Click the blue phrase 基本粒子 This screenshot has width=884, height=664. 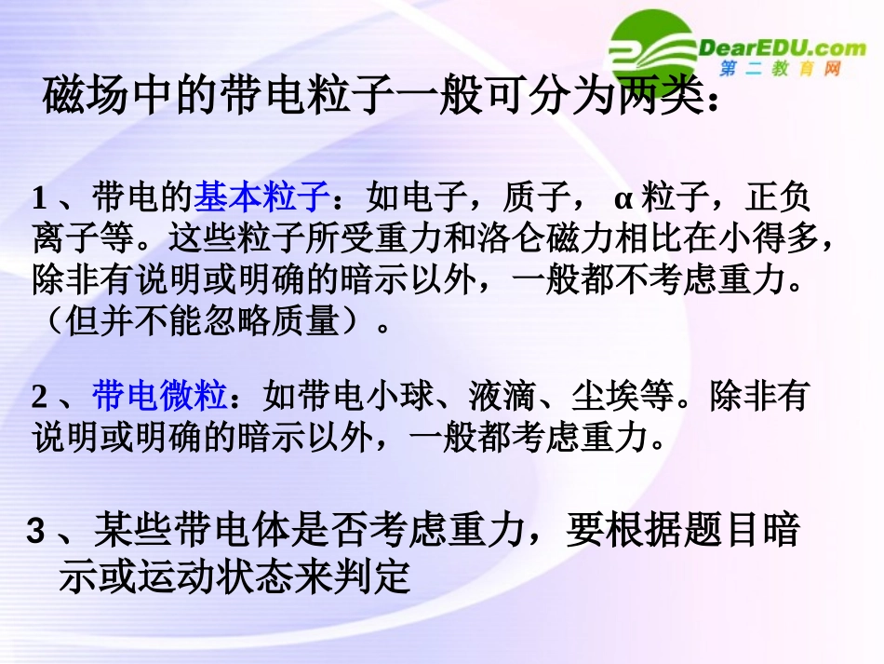261,198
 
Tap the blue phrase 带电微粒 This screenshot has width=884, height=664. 160,398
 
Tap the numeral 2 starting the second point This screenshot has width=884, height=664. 39,399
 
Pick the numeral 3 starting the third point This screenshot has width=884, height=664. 36,533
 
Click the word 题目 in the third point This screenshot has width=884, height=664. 717,532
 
